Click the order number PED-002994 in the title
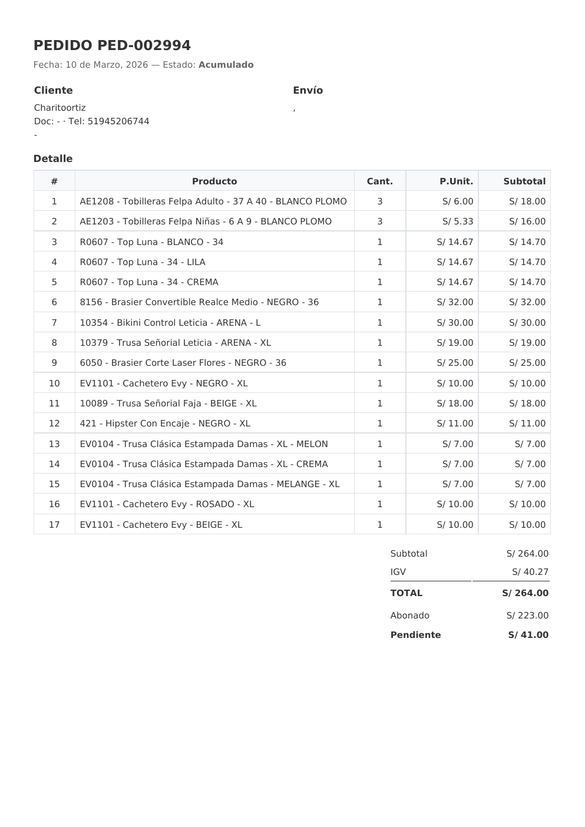tap(144, 45)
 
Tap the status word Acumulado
tap(226, 65)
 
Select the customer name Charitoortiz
tap(60, 108)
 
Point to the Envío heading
tap(308, 90)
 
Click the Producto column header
tap(214, 181)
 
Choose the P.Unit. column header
tap(456, 181)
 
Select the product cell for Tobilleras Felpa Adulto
tap(213, 201)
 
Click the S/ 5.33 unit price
tap(458, 221)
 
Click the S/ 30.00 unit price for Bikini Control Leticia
tap(455, 323)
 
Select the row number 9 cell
tap(54, 363)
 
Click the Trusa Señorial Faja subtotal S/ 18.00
tap(527, 403)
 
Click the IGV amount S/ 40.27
tap(530, 572)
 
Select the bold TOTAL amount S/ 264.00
tap(525, 593)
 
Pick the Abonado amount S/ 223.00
tap(527, 616)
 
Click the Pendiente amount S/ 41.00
tap(528, 635)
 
